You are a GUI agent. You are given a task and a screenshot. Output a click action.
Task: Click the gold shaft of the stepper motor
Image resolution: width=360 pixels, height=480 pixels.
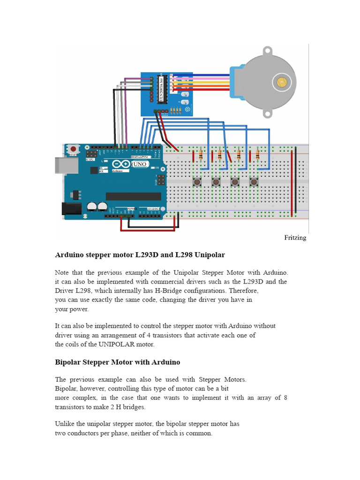[x=281, y=82]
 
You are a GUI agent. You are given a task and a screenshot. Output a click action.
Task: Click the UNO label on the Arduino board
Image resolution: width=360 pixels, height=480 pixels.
[x=139, y=165]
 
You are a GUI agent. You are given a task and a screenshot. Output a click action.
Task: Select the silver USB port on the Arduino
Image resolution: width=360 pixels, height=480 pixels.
[x=60, y=165]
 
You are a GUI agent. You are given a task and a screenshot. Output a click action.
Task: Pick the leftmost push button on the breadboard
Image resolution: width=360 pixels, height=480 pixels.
[x=197, y=181]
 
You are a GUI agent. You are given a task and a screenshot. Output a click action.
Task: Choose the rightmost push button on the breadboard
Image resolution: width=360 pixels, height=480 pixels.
[x=254, y=181]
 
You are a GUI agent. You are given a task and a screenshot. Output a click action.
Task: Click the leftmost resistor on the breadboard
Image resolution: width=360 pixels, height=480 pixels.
[x=201, y=154]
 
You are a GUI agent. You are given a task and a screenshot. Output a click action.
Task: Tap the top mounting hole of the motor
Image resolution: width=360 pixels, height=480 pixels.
[x=267, y=50]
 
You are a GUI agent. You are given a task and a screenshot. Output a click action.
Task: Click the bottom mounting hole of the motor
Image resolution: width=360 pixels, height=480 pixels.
[x=267, y=113]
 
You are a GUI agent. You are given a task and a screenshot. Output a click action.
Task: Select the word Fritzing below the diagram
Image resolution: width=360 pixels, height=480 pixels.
[x=295, y=238]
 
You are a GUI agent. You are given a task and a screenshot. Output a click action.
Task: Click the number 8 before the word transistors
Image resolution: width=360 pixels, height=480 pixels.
[x=285, y=397]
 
